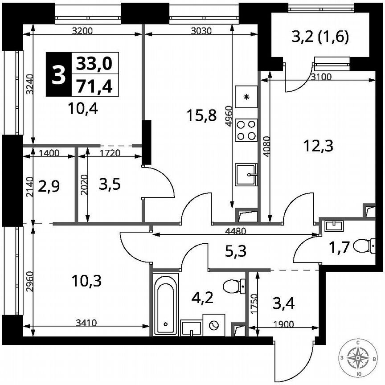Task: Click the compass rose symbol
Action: click(x=359, y=357)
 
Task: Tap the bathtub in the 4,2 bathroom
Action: click(x=166, y=304)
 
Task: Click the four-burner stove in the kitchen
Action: click(x=246, y=130)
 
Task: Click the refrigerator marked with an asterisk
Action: click(x=246, y=97)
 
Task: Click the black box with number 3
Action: click(x=57, y=74)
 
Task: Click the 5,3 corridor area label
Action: click(x=235, y=253)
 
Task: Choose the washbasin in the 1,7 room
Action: click(x=332, y=225)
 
